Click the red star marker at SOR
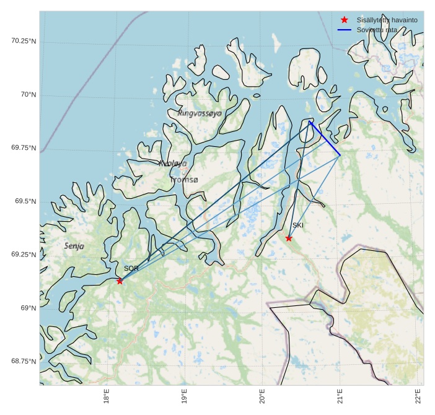(120, 281)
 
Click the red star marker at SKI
(289, 238)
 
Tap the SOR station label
(131, 269)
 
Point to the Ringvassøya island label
(199, 113)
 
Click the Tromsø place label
(184, 180)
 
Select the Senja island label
(74, 246)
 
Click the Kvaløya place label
(172, 164)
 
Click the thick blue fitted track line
(325, 139)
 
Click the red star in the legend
(345, 20)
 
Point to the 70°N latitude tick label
(29, 95)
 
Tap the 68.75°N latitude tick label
(24, 361)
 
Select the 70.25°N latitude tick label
(24, 41)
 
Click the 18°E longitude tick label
(107, 396)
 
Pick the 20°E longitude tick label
(262, 396)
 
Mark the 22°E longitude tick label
(418, 396)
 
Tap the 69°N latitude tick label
(29, 308)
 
